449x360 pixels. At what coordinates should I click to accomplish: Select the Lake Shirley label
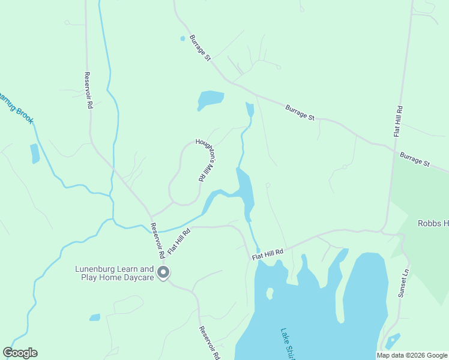(x=289, y=344)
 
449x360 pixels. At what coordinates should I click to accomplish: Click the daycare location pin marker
(x=163, y=274)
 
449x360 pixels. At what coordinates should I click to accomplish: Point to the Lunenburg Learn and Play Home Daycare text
(x=114, y=274)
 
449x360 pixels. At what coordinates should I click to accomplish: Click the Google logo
(x=20, y=353)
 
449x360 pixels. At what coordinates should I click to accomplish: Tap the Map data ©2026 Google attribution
(x=412, y=355)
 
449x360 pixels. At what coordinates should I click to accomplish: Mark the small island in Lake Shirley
(x=270, y=293)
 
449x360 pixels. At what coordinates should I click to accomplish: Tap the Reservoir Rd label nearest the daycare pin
(x=158, y=241)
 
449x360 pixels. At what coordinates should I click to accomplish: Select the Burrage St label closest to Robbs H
(x=415, y=159)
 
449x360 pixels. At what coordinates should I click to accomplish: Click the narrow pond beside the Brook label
(x=34, y=154)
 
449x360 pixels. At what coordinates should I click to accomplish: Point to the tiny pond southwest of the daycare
(x=95, y=317)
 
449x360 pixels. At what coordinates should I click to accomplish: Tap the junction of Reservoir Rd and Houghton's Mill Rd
(x=151, y=215)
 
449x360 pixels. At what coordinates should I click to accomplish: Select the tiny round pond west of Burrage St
(x=182, y=38)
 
